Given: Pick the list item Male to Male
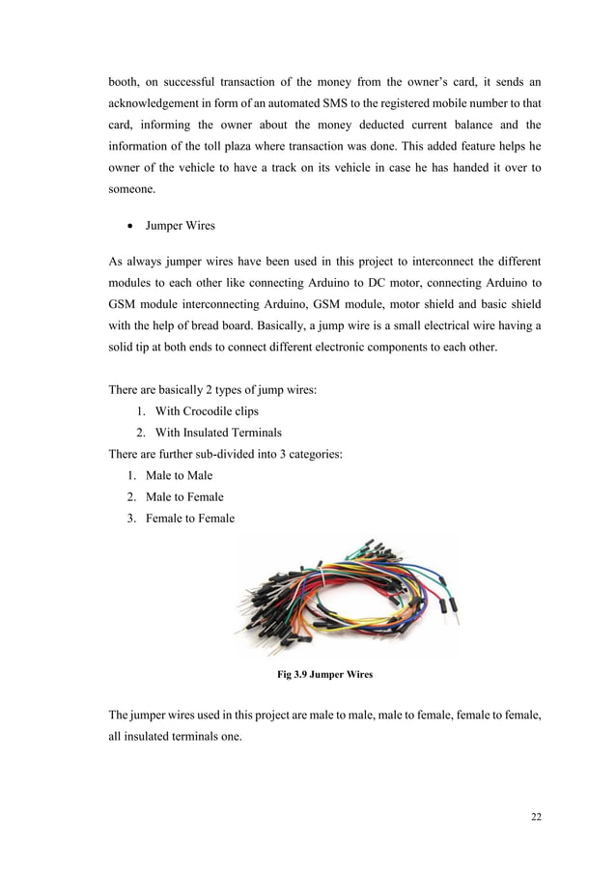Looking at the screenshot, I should [179, 475].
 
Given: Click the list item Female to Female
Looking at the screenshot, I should [189, 519].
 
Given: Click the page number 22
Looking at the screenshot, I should [536, 817].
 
